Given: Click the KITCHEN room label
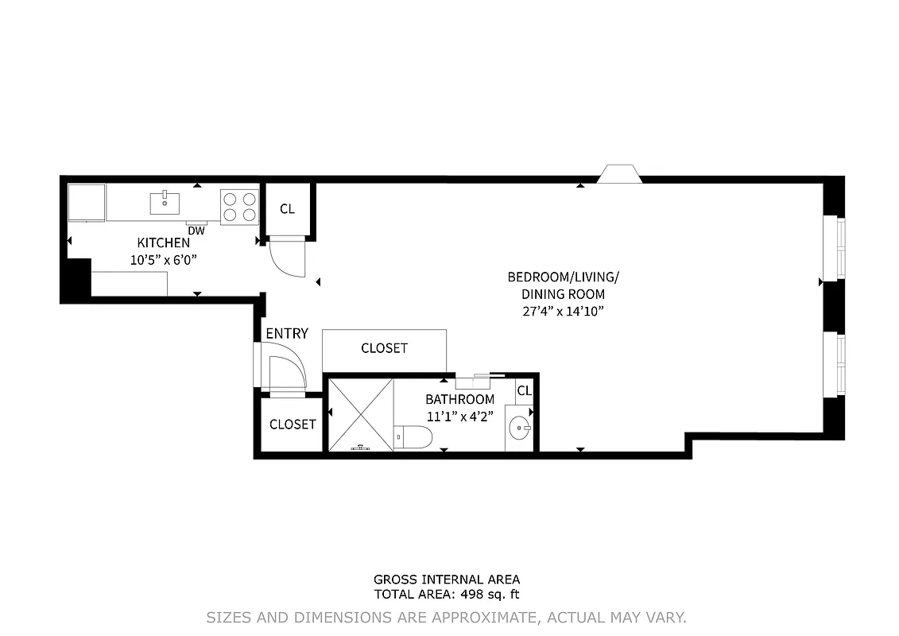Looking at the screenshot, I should (164, 243).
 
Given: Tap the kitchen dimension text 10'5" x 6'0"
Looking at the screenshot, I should (163, 259).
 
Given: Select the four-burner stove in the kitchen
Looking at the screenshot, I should (239, 206).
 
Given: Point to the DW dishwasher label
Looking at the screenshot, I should (196, 231).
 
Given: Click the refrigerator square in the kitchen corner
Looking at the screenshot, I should (87, 203).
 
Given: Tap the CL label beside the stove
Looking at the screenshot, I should (287, 209).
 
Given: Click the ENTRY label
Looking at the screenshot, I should (286, 334).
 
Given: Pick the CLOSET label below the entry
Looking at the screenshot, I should (293, 425).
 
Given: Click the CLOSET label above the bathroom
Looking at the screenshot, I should (384, 348).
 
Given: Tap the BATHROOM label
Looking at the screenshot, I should (459, 399).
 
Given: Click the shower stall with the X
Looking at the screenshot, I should (361, 414).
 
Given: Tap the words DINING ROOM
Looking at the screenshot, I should (564, 294).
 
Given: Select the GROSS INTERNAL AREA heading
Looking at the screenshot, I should (447, 580).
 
